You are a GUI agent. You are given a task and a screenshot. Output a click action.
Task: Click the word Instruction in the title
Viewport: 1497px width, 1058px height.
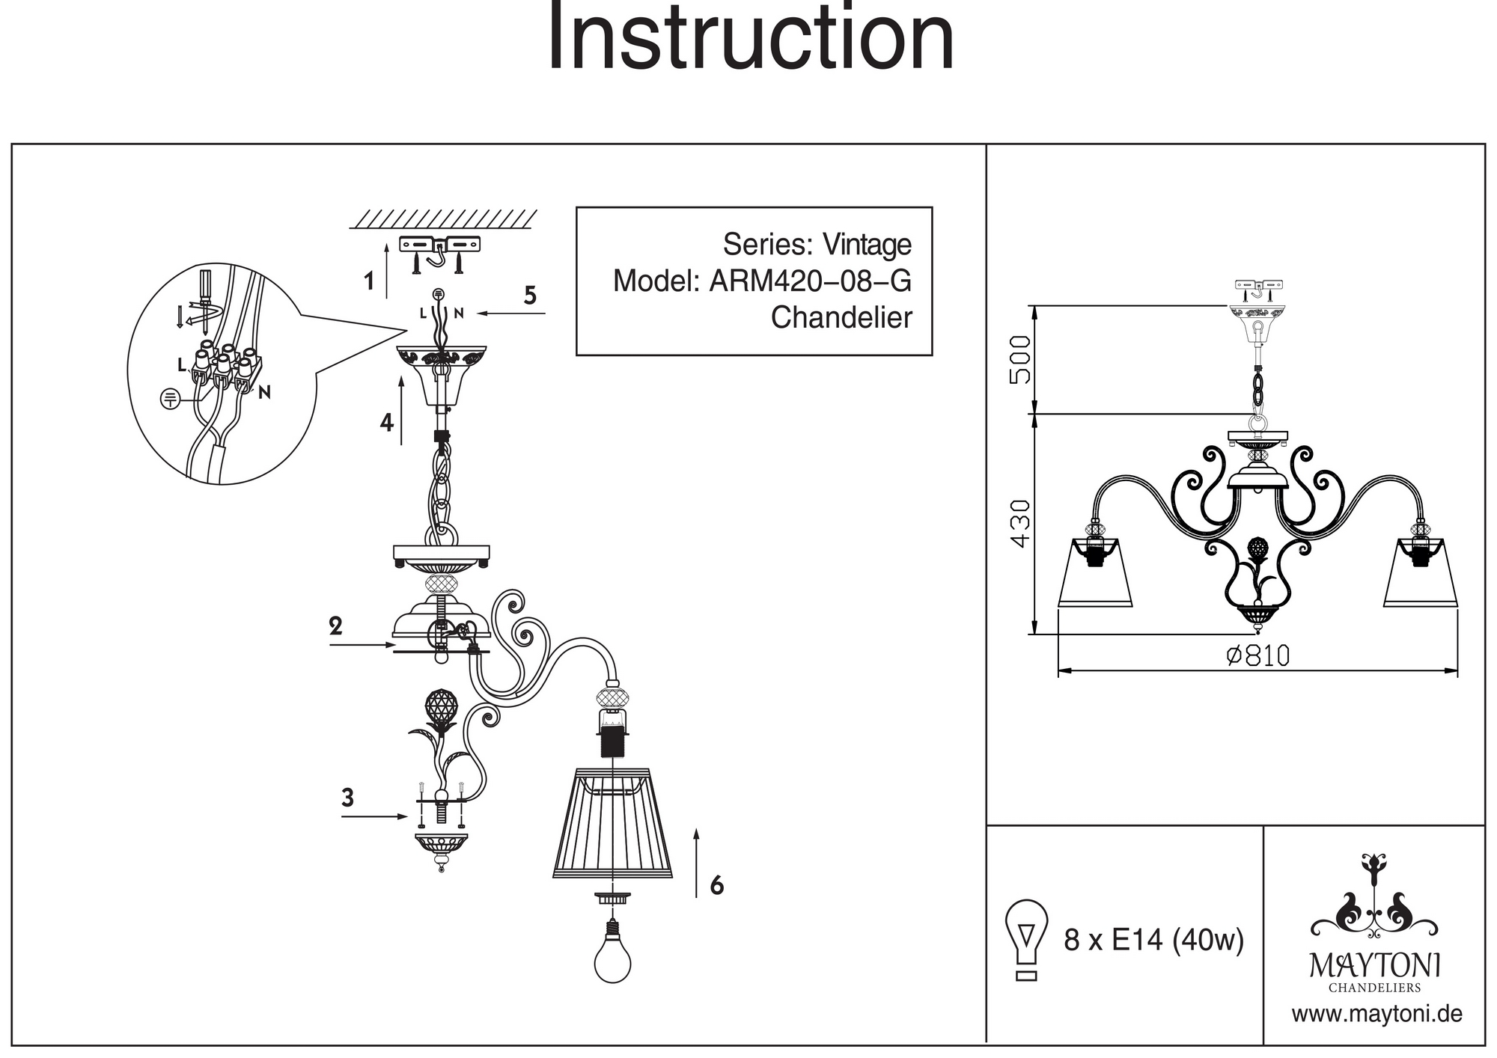point(751,37)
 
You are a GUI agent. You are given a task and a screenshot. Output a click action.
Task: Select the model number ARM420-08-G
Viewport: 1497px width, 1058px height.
point(810,281)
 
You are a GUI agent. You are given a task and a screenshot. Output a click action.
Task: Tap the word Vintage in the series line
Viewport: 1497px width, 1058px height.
point(867,245)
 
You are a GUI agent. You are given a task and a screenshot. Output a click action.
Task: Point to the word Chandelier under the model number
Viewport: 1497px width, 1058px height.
point(841,318)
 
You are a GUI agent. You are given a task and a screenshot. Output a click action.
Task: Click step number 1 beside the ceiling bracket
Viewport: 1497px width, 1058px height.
point(368,282)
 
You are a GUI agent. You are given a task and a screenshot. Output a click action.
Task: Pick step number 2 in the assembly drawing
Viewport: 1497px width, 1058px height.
point(335,626)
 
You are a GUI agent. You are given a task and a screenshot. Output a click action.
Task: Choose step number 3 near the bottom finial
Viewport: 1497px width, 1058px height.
point(347,798)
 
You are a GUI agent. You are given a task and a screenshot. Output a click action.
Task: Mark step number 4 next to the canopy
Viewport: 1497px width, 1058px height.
point(386,423)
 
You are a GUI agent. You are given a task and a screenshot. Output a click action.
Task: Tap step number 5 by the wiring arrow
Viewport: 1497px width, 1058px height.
point(530,296)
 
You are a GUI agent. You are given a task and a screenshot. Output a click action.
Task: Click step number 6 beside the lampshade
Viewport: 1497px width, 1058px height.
point(716,886)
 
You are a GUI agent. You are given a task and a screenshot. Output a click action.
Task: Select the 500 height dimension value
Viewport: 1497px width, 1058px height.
point(1020,359)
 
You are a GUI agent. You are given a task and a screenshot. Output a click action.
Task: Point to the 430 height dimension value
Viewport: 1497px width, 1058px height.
point(1020,523)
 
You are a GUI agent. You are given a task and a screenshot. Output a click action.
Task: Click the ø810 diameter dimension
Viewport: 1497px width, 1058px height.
point(1257,655)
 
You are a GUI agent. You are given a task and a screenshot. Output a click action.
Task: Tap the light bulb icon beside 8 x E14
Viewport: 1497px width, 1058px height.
point(1027,939)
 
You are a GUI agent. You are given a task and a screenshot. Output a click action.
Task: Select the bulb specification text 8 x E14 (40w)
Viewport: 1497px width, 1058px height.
point(1153,940)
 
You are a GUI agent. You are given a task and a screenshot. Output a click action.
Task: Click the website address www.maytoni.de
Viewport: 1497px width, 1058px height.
point(1376,1015)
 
